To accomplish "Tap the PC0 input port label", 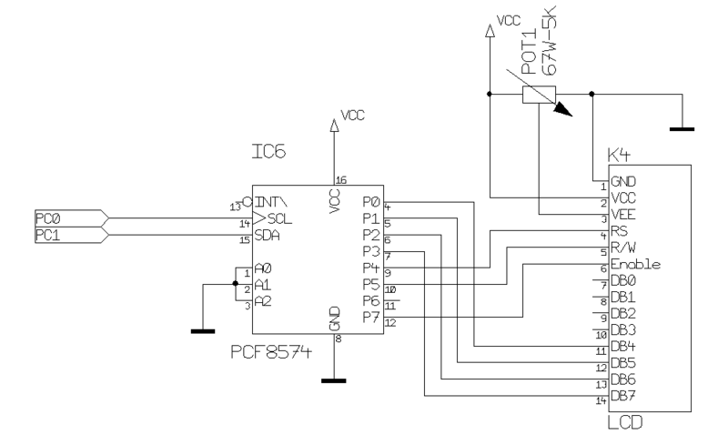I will click(48, 218).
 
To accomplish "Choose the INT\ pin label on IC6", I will click(272, 202).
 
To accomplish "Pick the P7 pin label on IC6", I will click(371, 317).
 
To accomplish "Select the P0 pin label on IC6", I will click(371, 201).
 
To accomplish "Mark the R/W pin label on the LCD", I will click(623, 248).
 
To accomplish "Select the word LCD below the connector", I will click(621, 424).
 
